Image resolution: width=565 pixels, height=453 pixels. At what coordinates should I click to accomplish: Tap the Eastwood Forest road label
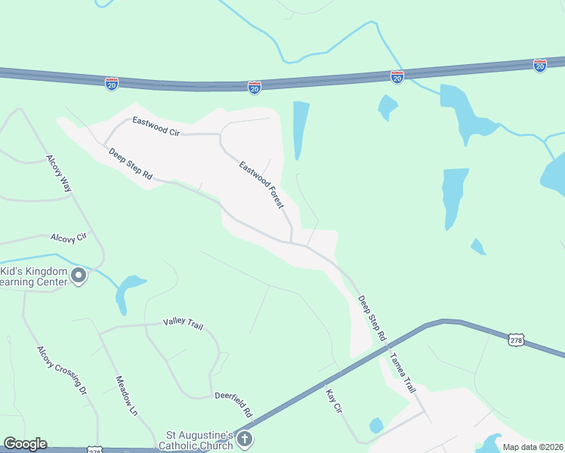[x=261, y=186]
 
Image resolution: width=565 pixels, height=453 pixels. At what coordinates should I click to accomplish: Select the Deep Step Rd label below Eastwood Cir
[x=131, y=164]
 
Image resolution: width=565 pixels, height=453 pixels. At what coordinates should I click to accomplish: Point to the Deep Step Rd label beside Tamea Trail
[x=372, y=318]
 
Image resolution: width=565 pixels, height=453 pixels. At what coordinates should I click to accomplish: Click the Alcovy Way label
[x=59, y=174]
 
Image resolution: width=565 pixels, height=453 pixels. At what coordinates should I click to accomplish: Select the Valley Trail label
[x=184, y=323]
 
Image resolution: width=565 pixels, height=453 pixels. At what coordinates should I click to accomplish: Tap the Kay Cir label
[x=334, y=399]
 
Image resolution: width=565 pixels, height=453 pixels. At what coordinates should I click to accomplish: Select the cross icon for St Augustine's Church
[x=244, y=438]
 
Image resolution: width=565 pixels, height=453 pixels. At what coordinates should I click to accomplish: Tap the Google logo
[x=25, y=444]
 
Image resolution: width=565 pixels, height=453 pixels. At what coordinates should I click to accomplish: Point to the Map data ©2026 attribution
[x=533, y=447]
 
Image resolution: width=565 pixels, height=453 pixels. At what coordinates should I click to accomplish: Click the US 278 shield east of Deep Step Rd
[x=516, y=341]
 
